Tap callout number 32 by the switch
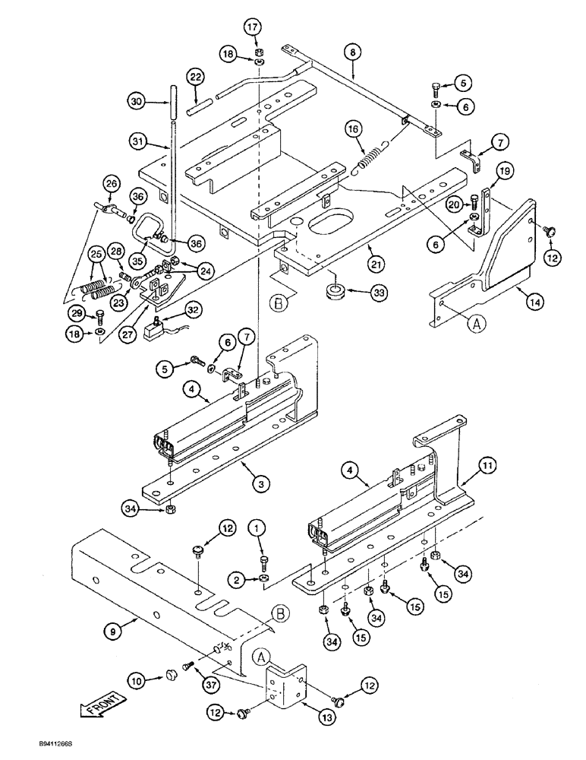point(193,310)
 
